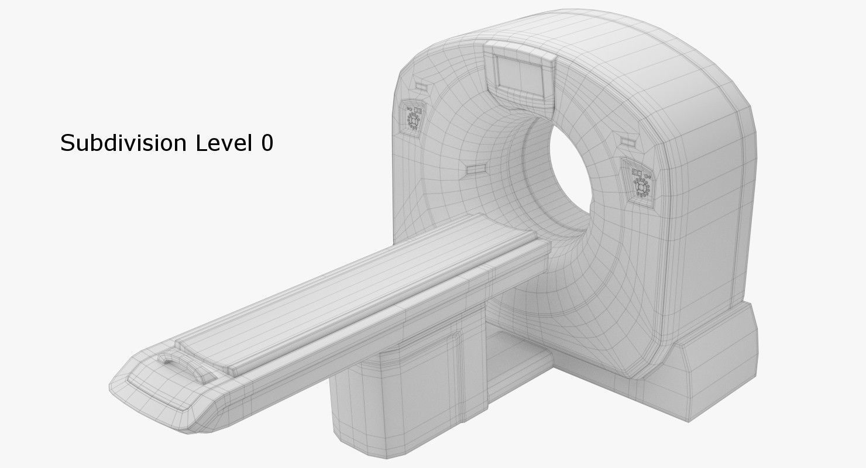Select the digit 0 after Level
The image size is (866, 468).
click(x=267, y=143)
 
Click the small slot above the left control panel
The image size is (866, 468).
click(x=421, y=86)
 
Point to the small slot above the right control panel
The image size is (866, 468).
click(x=628, y=141)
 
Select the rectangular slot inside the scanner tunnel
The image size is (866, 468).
click(x=475, y=169)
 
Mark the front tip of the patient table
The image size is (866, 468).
click(x=126, y=374)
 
